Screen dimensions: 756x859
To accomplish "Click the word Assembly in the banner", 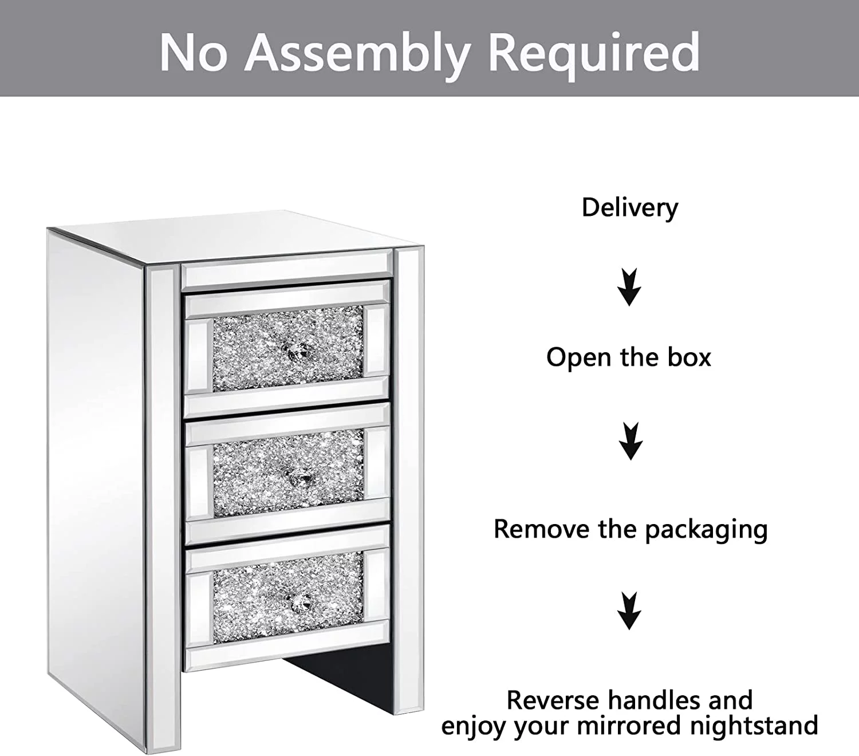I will pyautogui.click(x=358, y=53).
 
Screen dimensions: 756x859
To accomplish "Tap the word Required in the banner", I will pyautogui.click(x=593, y=53).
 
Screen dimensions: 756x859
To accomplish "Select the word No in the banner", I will pyautogui.click(x=192, y=53).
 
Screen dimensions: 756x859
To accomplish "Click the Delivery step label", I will pyautogui.click(x=629, y=207).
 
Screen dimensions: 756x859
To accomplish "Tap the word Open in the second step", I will pyautogui.click(x=579, y=357).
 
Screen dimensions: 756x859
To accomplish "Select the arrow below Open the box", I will pyautogui.click(x=630, y=441).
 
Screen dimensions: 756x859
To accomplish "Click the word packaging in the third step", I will pyautogui.click(x=706, y=530).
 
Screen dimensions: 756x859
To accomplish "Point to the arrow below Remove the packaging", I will pyautogui.click(x=629, y=611).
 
